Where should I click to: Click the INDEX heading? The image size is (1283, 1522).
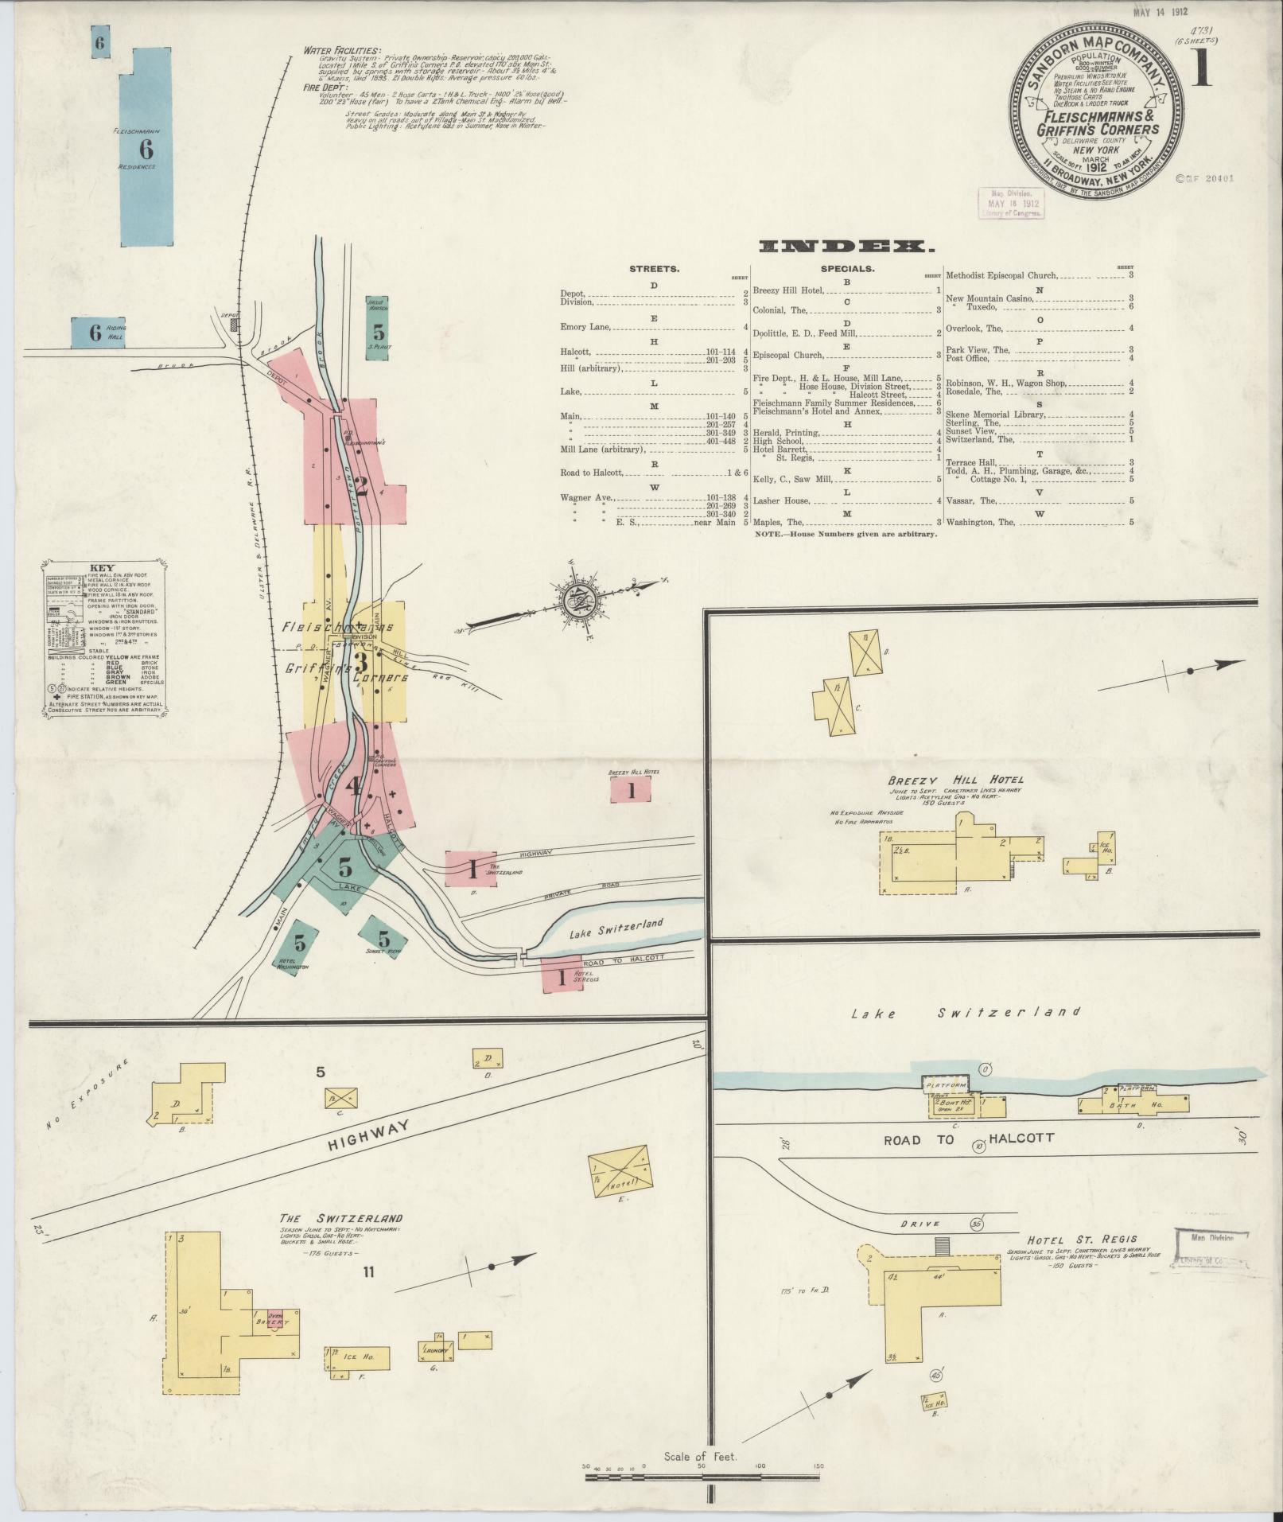846,247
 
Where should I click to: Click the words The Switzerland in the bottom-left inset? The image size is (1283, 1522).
340,1240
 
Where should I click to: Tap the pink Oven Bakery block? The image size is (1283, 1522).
275,1319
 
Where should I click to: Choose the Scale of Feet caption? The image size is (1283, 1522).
700,1457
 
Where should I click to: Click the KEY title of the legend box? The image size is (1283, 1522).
103,568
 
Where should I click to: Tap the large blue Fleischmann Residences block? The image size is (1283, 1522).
146,149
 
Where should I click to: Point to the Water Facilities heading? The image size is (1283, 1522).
342,50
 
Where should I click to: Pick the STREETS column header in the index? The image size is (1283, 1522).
654,269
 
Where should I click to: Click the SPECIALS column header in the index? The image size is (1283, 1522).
846,269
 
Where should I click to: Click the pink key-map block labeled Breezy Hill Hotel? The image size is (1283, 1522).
631,789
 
